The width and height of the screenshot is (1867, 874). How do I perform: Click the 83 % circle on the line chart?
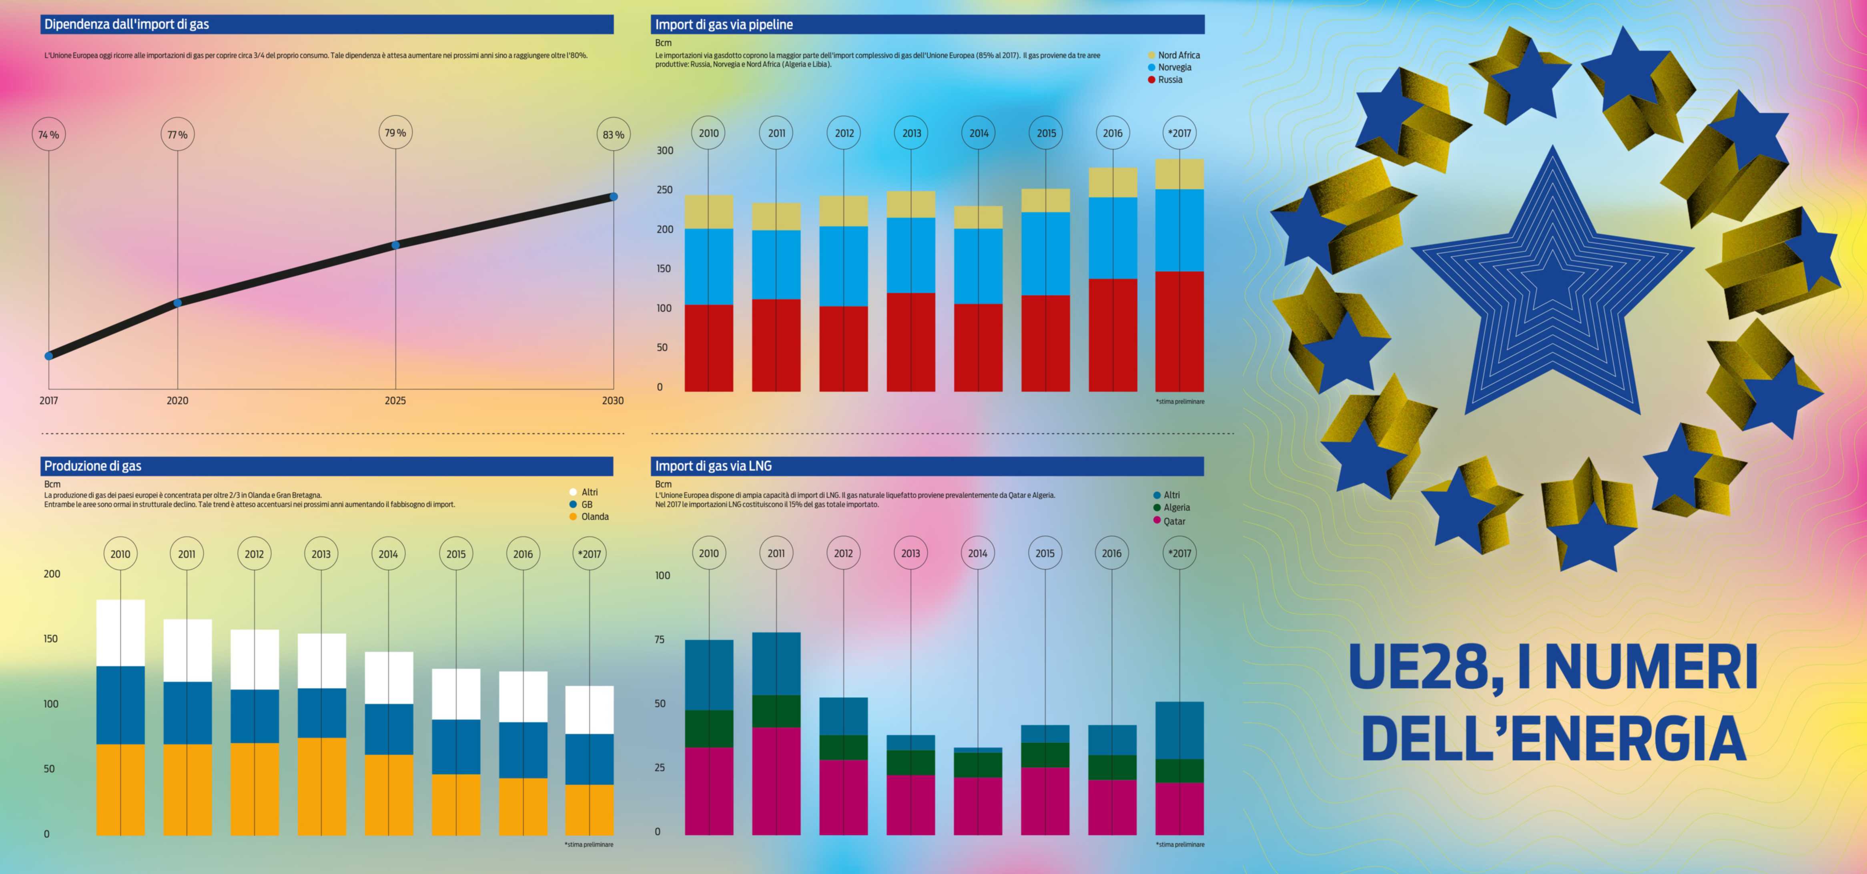(613, 135)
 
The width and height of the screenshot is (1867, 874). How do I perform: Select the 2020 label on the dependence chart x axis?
(178, 401)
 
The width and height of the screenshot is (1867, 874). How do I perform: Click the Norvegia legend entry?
(1174, 67)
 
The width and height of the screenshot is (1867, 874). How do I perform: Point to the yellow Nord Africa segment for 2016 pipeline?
(1113, 182)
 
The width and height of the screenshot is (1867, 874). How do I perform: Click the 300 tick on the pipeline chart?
(665, 151)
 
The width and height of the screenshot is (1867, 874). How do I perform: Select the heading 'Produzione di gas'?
(93, 466)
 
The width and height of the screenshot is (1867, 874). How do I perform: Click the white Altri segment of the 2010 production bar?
(120, 633)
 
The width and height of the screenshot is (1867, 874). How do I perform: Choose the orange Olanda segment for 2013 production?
(321, 786)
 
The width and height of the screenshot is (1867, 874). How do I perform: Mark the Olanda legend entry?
(594, 517)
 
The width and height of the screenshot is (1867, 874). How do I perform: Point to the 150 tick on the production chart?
(51, 638)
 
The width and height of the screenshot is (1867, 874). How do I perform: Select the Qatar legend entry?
(1174, 521)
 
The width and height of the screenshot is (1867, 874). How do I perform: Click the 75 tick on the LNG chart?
(660, 639)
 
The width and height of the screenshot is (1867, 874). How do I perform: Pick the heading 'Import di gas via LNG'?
(713, 466)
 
